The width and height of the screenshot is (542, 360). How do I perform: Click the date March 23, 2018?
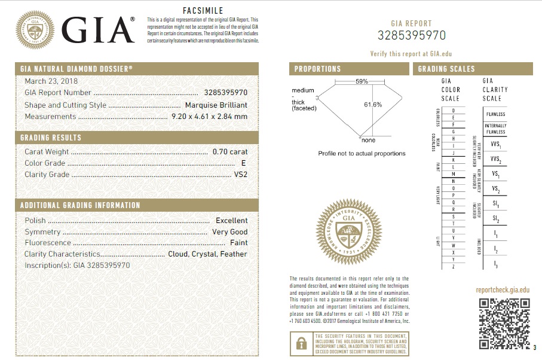51,81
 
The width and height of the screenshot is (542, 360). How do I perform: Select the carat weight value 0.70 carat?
230,152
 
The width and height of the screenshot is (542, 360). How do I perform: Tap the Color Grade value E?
244,163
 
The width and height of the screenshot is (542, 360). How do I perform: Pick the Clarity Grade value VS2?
241,175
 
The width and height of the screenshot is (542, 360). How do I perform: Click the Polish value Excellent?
232,221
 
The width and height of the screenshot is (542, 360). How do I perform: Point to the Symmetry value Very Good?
230,232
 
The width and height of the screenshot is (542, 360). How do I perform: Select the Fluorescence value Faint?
239,243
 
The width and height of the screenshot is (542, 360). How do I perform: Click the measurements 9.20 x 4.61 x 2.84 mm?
209,117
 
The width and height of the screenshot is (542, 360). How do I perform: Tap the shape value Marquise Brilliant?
216,105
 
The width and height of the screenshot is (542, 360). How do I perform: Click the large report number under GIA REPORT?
412,35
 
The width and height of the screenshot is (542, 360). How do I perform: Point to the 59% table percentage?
362,81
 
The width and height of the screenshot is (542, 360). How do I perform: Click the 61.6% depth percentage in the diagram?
373,105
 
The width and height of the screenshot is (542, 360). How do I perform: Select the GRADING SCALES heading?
446,69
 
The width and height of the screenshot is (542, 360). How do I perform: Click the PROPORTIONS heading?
317,69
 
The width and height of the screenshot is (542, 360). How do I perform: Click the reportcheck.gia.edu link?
503,290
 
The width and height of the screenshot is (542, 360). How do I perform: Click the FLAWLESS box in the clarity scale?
495,114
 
